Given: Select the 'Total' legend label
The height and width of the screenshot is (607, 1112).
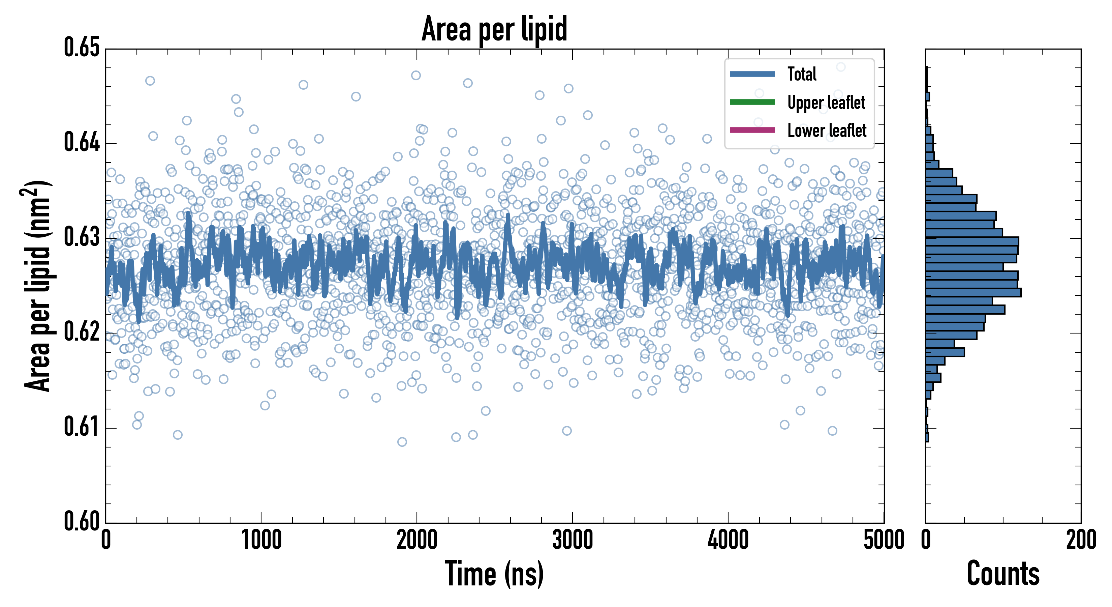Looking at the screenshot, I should click(x=802, y=74).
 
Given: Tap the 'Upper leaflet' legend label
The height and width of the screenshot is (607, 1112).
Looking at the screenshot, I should click(x=826, y=103).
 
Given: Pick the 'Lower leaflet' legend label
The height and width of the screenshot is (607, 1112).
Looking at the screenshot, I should click(x=827, y=130).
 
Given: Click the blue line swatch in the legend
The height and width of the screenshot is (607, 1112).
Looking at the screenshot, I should click(x=752, y=74).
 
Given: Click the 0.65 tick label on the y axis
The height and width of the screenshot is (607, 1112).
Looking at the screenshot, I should click(x=82, y=48).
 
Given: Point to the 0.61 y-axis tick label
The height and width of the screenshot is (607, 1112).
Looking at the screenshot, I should click(x=82, y=427).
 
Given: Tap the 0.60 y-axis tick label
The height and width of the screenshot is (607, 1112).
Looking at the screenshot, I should click(x=82, y=521).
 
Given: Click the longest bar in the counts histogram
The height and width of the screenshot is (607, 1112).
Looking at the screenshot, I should click(x=973, y=292).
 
